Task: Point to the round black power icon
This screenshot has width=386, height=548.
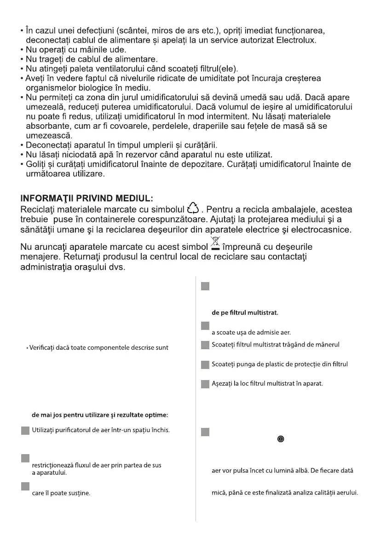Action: click(280, 439)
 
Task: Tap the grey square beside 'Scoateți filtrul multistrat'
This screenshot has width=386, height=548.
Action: click(206, 345)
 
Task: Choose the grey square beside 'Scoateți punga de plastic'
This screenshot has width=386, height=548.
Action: click(206, 364)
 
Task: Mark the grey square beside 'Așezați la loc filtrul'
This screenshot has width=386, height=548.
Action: click(206, 384)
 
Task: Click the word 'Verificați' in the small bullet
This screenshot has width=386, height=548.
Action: click(43, 347)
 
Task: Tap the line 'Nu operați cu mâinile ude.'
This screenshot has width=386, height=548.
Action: click(67, 49)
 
